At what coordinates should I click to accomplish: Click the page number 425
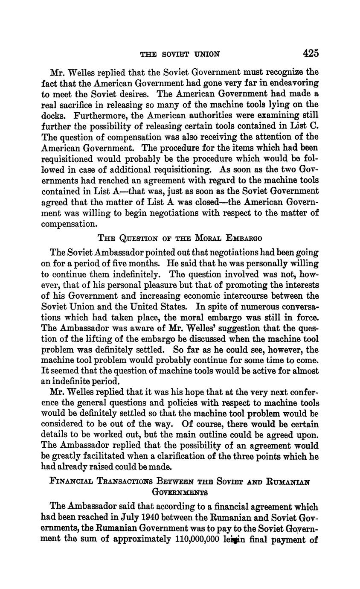311,53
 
